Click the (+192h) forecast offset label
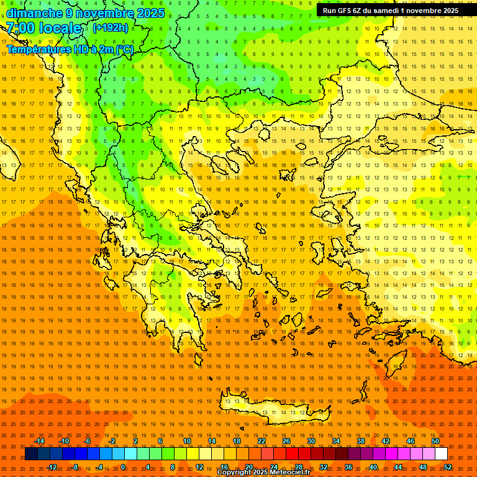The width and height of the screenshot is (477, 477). [x=111, y=28]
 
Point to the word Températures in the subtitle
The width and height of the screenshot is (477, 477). [x=37, y=49]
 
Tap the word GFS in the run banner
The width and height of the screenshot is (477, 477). [x=347, y=11]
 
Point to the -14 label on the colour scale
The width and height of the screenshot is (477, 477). [x=39, y=441]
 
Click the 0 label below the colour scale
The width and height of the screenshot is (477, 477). [x=123, y=467]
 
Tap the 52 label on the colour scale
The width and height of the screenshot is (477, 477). [x=448, y=467]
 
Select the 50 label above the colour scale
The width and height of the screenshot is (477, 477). [x=435, y=441]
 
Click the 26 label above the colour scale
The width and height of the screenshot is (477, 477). [x=286, y=441]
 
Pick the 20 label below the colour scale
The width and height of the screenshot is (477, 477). [x=249, y=467]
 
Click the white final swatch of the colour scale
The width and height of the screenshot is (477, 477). [x=441, y=454]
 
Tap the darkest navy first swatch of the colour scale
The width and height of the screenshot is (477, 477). [x=31, y=454]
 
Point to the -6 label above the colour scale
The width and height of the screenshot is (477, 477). [x=88, y=441]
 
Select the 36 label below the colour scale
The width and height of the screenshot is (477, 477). [x=348, y=467]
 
